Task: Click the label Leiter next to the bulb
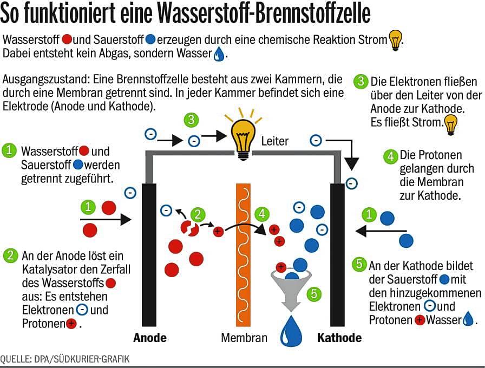tap(274, 141)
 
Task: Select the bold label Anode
tap(150, 338)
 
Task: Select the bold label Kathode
tap(339, 338)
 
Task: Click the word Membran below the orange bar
tap(244, 338)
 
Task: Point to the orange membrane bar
tap(244, 255)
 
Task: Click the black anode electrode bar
tap(149, 255)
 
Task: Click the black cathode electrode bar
tap(337, 255)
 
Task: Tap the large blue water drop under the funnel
tap(291, 332)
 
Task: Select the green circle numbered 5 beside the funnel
tap(314, 294)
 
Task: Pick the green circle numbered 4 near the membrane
tap(262, 214)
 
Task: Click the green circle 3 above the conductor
tap(191, 120)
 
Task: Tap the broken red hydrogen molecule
tap(189, 228)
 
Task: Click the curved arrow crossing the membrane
tap(244, 225)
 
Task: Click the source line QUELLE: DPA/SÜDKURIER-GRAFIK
tap(64, 359)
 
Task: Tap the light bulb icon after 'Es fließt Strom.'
tap(451, 124)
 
